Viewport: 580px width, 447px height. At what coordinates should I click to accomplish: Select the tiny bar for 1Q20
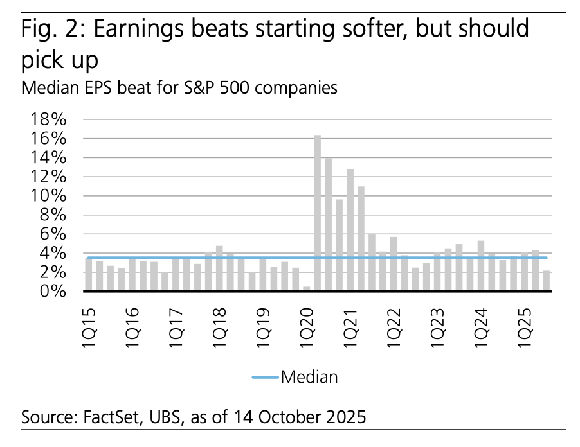pos(307,288)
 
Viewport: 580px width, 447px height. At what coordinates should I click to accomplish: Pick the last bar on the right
pos(546,281)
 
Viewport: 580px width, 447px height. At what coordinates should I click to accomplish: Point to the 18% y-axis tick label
pos(46,119)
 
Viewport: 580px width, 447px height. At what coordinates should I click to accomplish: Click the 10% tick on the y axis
pos(46,196)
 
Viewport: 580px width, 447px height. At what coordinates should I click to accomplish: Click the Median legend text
pos(309,377)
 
